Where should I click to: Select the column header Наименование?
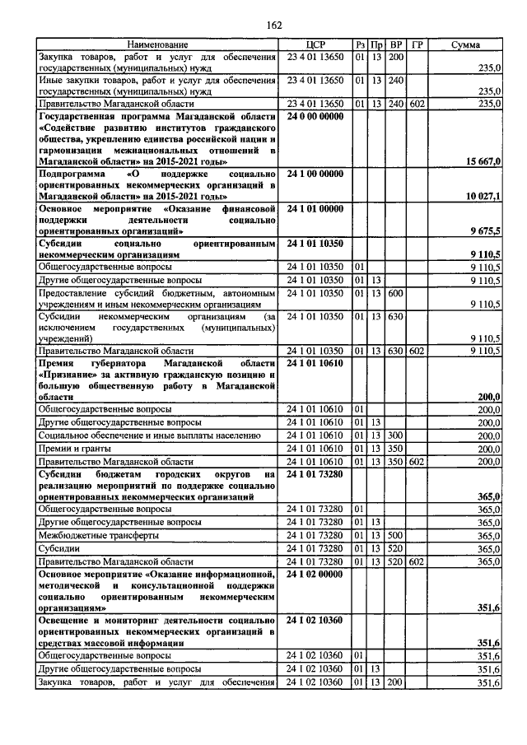tap(157, 44)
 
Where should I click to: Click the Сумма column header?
tap(466, 44)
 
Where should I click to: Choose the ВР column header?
tap(396, 44)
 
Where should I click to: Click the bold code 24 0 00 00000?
tap(316, 116)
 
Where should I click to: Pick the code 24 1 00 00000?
tap(316, 175)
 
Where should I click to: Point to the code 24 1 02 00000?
tap(316, 574)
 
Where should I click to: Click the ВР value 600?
tap(395, 294)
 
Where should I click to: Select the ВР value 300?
tap(395, 435)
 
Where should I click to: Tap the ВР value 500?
tap(395, 535)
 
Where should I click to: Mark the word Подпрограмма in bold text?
tap(74, 175)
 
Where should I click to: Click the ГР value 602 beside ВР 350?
tap(417, 462)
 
